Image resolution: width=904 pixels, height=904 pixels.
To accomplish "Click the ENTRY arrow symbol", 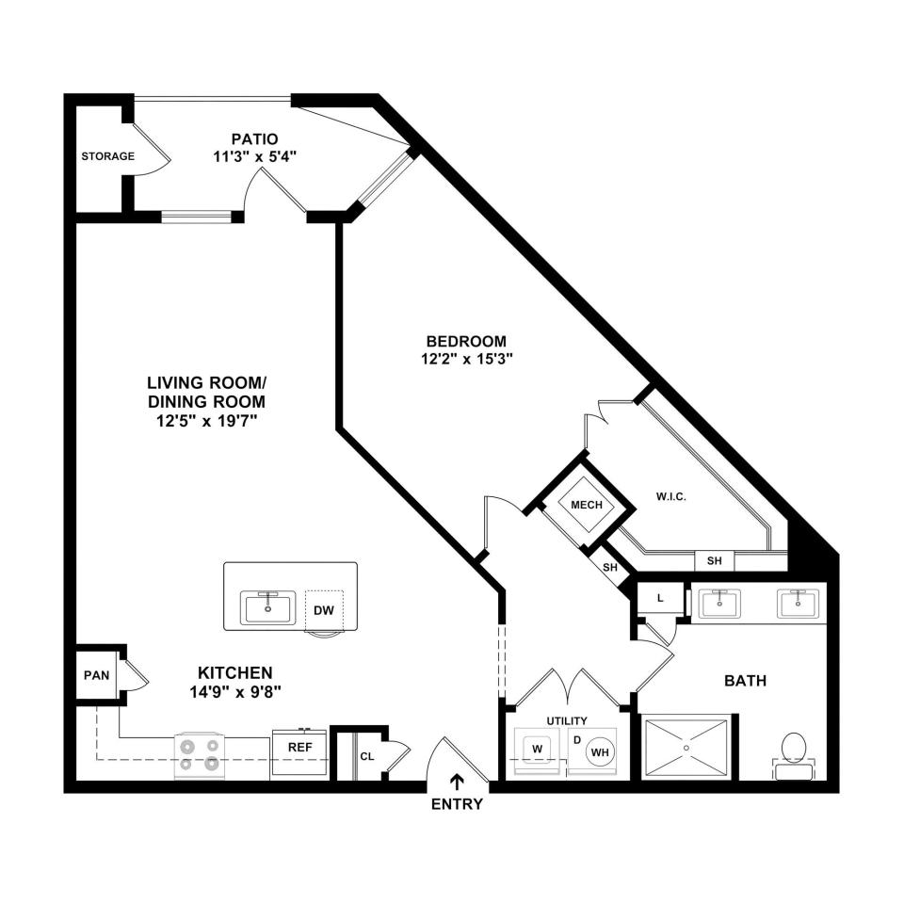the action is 458,782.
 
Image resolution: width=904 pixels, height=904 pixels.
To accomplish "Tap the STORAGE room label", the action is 107,156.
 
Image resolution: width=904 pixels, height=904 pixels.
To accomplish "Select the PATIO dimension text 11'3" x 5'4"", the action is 255,157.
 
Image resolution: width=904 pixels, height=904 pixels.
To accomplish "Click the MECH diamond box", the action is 587,505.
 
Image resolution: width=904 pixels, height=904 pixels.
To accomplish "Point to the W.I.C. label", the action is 671,496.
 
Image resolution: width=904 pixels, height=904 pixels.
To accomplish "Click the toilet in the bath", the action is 794,755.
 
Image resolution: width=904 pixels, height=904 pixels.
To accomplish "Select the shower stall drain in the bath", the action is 686,748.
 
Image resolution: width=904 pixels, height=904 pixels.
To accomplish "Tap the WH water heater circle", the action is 600,752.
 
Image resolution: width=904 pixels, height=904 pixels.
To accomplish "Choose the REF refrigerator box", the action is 299,751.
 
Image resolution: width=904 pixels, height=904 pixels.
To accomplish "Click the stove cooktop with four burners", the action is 200,756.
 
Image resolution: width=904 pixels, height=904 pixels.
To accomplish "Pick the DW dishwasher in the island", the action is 324,610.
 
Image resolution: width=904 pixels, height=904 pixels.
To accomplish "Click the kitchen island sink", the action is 268,607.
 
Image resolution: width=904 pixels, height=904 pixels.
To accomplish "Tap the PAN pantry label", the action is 96,675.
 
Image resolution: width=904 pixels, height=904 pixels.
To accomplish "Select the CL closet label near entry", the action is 367,756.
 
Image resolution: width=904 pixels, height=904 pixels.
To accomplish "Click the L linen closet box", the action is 660,599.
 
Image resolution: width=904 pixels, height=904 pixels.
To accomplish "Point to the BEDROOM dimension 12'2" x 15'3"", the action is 467,359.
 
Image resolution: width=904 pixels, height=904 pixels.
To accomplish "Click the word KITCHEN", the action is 235,672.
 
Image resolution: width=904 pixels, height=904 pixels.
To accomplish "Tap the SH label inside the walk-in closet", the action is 715,560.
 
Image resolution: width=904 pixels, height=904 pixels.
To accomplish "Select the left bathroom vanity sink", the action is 719,604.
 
